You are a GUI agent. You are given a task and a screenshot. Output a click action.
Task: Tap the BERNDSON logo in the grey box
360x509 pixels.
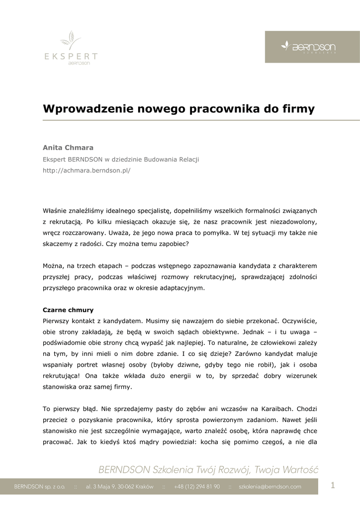click(309, 47)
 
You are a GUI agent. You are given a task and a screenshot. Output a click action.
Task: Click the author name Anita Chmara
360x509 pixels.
click(68, 148)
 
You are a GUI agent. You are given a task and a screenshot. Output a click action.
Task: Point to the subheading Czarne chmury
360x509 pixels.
click(68, 310)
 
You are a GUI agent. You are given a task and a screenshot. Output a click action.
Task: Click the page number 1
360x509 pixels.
click(333, 486)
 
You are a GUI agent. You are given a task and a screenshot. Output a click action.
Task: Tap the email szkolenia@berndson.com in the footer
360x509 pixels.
click(270, 487)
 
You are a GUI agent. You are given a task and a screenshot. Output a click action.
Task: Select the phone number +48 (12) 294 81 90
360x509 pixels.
click(197, 487)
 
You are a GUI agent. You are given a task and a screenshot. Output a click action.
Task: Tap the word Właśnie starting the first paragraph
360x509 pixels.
click(55, 211)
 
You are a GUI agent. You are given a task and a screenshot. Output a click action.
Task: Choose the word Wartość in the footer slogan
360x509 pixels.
click(300, 470)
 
